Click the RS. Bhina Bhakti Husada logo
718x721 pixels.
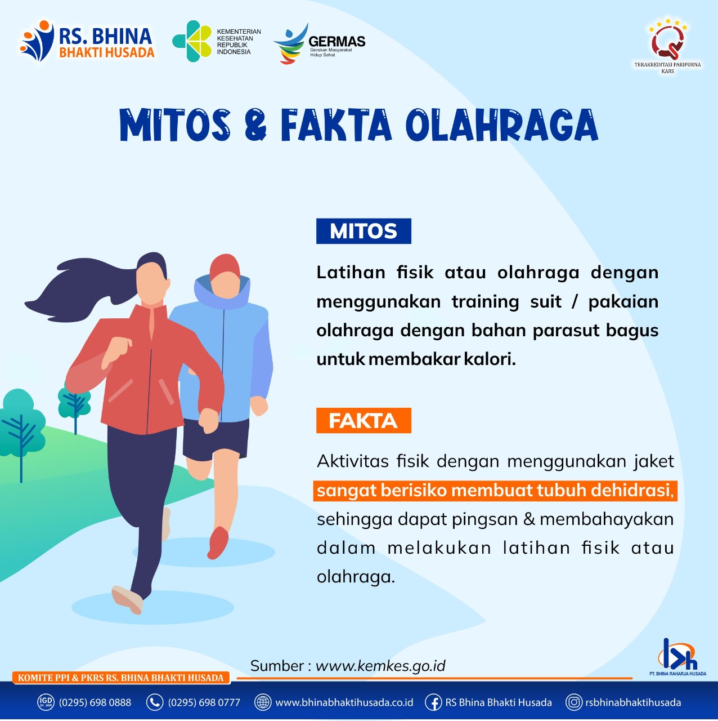87,41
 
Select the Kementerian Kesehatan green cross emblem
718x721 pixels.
192,41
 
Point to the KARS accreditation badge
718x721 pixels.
667,46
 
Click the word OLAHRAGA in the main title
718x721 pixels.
502,125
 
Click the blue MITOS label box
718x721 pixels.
364,232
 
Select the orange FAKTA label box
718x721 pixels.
364,421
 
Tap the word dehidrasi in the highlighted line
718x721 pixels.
633,490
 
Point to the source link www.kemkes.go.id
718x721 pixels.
380,666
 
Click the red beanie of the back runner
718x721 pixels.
225,267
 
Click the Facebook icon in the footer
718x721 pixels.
434,702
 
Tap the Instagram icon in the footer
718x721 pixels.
574,702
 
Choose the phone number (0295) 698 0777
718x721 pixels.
204,702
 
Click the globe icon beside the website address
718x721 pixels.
263,702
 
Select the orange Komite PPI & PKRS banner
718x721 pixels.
121,678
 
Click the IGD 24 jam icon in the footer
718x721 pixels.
46,702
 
